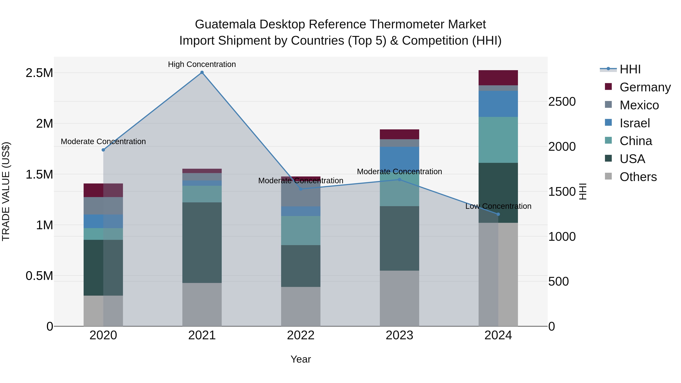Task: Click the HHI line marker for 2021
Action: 202,72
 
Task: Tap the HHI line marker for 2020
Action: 103,150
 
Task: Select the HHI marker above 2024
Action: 498,214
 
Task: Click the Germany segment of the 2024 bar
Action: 498,78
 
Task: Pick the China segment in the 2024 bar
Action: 498,140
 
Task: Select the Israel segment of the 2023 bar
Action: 400,159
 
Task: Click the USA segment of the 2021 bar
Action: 202,243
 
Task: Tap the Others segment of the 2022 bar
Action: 301,307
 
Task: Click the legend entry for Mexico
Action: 639,105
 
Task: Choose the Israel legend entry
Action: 634,123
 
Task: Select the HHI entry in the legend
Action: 630,69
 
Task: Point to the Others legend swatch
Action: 608,176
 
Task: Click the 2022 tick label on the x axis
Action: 301,335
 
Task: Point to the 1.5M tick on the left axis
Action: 39,174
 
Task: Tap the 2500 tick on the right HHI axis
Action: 562,102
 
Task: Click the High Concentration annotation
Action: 202,64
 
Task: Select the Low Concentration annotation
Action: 498,206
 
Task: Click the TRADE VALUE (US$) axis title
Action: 6,191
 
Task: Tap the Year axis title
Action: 301,359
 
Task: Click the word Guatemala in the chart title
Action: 225,24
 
